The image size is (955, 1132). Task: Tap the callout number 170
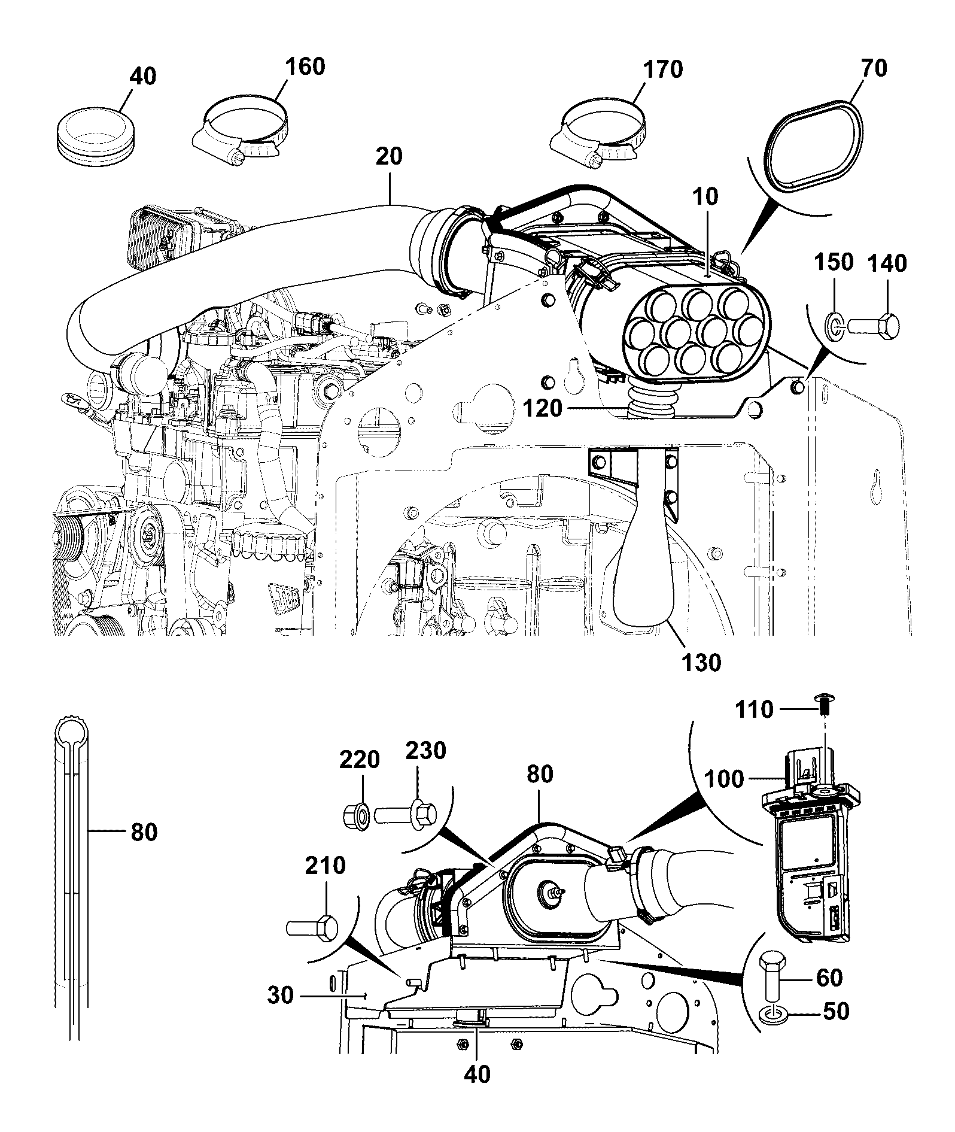[x=662, y=69]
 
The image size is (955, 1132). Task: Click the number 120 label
[x=543, y=409]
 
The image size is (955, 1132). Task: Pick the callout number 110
[x=755, y=710]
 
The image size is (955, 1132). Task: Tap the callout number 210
[x=326, y=866]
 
